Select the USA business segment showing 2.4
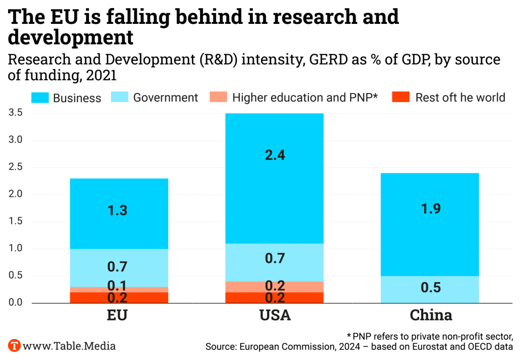(x=275, y=178)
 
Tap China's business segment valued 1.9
(x=430, y=224)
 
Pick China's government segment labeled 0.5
(x=430, y=289)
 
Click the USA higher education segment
(x=275, y=287)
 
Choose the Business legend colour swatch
(x=40, y=98)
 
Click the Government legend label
(x=165, y=98)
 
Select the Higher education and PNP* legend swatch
(x=218, y=98)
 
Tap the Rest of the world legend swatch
(x=401, y=98)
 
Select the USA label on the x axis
(x=275, y=315)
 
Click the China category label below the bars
(x=430, y=315)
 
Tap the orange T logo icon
(x=15, y=346)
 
